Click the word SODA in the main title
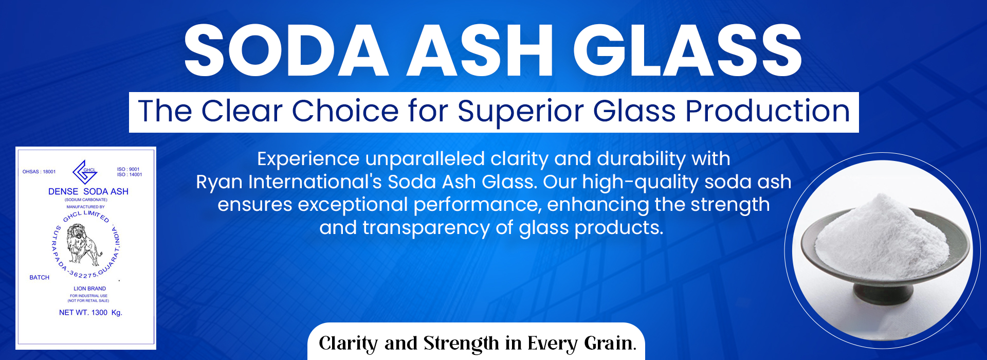point(286,50)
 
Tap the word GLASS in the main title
point(687,50)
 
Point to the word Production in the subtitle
point(767,111)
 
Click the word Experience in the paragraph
point(308,159)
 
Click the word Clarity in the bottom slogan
point(348,343)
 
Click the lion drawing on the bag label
point(84,245)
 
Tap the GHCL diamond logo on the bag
point(85,172)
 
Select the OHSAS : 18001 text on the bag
point(39,172)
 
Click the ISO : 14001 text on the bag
point(130,175)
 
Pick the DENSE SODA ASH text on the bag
point(88,191)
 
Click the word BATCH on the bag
point(40,277)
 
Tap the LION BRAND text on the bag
point(90,289)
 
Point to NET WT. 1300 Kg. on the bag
point(90,313)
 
